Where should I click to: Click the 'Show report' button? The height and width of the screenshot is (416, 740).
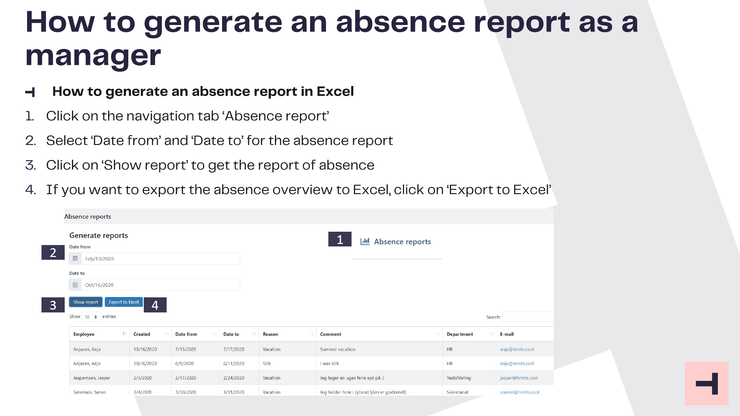pyautogui.click(x=86, y=302)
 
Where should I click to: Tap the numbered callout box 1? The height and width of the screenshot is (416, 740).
pyautogui.click(x=340, y=239)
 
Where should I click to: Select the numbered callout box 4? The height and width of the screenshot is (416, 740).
pyautogui.click(x=155, y=305)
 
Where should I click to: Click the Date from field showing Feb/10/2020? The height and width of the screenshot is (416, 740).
pyautogui.click(x=155, y=259)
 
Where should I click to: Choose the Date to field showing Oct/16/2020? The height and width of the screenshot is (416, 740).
pyautogui.click(x=155, y=285)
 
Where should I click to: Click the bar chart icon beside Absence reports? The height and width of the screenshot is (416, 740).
pyautogui.click(x=365, y=241)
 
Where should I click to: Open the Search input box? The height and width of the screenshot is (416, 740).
pyautogui.click(x=528, y=317)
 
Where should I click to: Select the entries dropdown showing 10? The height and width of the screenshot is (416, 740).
pyautogui.click(x=91, y=317)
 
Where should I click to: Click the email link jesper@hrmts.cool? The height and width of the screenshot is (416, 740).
pyautogui.click(x=519, y=378)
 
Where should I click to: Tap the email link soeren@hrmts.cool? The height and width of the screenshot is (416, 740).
pyautogui.click(x=520, y=392)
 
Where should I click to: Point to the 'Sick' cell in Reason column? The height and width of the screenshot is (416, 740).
pyautogui.click(x=267, y=363)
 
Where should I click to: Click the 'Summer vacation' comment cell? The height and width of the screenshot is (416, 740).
pyautogui.click(x=337, y=349)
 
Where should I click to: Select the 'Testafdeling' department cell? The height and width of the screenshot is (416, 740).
pyautogui.click(x=459, y=378)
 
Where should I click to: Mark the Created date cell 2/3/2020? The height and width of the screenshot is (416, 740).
pyautogui.click(x=142, y=378)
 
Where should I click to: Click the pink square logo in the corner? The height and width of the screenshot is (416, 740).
pyautogui.click(x=707, y=383)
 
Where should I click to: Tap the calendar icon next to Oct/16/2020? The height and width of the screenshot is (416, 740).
pyautogui.click(x=75, y=285)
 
